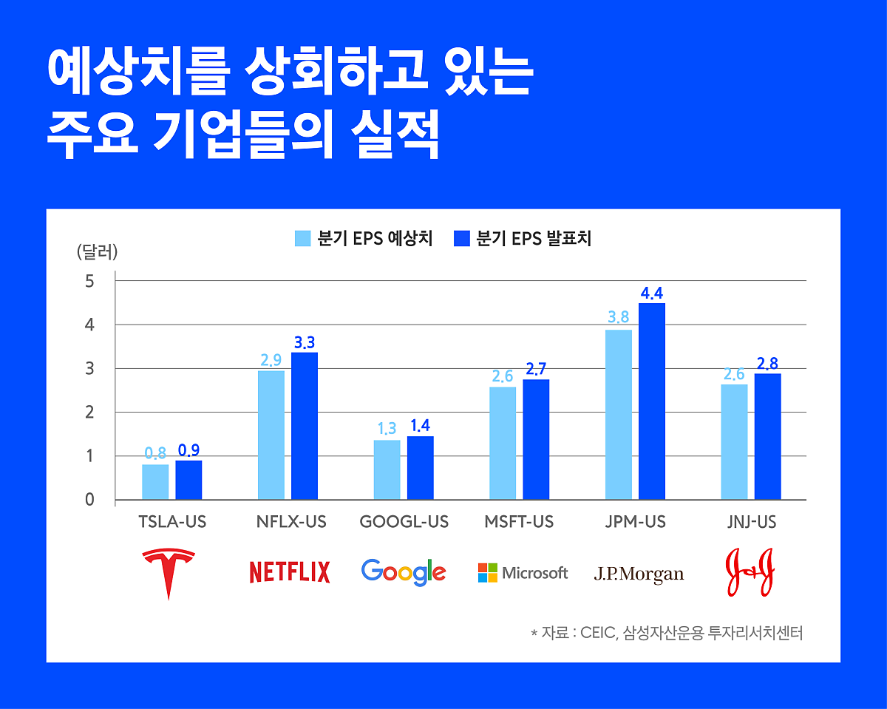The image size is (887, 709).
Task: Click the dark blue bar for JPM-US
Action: tap(652, 401)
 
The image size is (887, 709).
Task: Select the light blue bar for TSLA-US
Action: tap(155, 481)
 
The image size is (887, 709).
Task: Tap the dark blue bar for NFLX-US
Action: tap(305, 426)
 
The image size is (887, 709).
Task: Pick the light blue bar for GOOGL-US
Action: tap(387, 469)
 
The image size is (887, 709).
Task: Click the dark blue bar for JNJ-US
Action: tap(767, 436)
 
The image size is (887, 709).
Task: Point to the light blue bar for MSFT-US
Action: tap(503, 443)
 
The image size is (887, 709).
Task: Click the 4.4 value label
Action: tap(652, 294)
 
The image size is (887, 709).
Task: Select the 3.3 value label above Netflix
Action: tap(305, 342)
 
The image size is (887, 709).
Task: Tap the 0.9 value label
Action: tap(189, 450)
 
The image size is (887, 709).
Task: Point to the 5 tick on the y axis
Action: tap(89, 281)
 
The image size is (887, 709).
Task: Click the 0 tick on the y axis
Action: tap(89, 500)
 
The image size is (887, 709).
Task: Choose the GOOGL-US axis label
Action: tap(404, 522)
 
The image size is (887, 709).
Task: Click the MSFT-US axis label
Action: tap(519, 522)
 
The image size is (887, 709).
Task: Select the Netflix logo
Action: tap(290, 572)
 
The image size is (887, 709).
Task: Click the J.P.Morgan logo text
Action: tap(639, 574)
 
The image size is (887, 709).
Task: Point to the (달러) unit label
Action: tap(97, 251)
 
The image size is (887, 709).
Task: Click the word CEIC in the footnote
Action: tap(596, 633)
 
